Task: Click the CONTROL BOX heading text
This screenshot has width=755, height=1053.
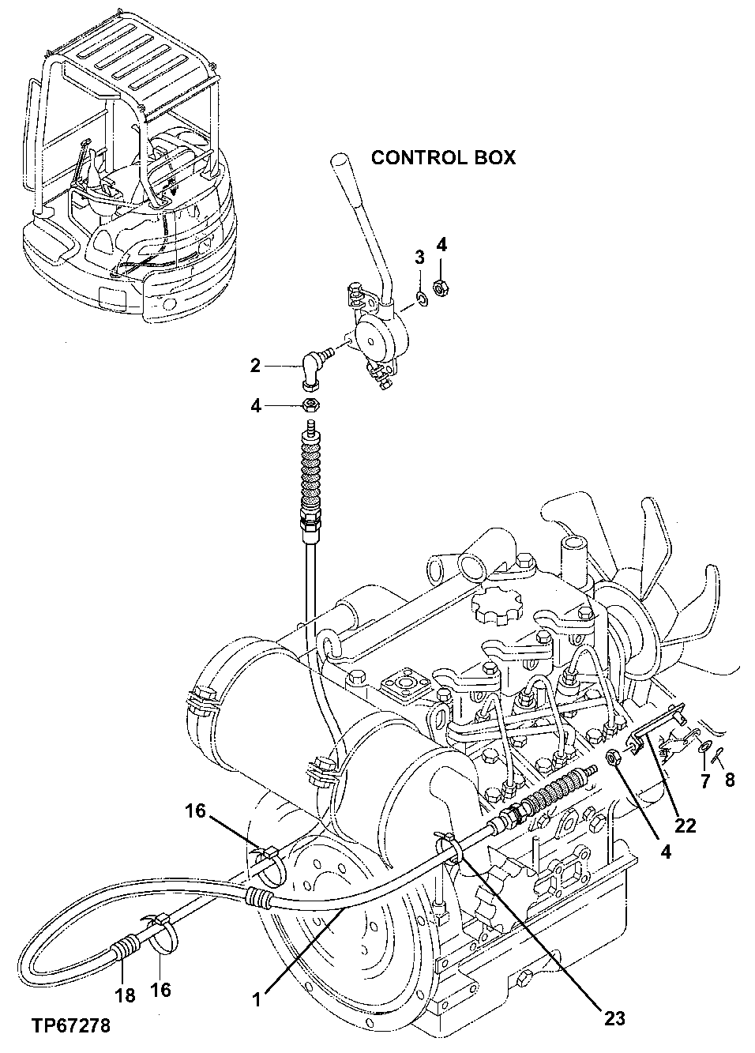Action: [x=443, y=157]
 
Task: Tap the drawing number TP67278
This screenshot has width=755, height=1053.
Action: [x=70, y=1026]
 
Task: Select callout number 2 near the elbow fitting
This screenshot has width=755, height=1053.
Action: [x=255, y=365]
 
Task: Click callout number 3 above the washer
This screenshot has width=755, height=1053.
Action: [x=420, y=257]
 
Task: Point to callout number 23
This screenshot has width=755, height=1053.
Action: [x=614, y=1018]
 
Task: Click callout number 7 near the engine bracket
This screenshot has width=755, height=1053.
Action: [x=705, y=780]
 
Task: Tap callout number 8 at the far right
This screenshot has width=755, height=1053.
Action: [x=729, y=780]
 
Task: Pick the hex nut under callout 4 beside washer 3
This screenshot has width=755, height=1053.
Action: [x=442, y=290]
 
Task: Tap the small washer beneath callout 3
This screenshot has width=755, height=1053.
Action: [x=422, y=298]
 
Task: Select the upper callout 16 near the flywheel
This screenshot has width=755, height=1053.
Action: [x=197, y=810]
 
